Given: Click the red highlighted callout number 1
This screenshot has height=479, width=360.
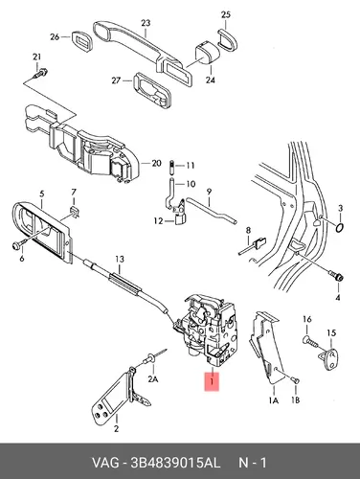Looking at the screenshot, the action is click(x=212, y=381).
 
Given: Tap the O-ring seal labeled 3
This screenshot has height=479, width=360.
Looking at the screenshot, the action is click(x=340, y=228).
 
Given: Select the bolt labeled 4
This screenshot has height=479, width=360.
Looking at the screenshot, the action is click(x=336, y=276).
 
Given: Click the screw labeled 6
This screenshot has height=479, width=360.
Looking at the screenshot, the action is click(x=17, y=245).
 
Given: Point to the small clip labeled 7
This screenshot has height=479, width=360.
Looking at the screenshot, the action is click(x=75, y=211).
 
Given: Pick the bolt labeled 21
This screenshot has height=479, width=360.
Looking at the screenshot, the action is click(x=40, y=74).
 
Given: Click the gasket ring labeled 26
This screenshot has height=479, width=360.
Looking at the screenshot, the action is click(x=81, y=40).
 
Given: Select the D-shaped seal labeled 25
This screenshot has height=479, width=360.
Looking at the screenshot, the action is click(x=228, y=39).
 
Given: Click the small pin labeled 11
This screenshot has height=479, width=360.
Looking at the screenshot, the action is click(x=171, y=167).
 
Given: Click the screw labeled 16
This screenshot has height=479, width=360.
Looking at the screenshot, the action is click(x=309, y=341).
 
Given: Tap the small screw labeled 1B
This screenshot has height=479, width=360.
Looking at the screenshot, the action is click(x=296, y=379).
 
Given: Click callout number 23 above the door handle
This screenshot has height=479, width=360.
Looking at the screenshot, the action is click(x=146, y=23).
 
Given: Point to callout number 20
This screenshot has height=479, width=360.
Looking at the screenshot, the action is click(x=156, y=163).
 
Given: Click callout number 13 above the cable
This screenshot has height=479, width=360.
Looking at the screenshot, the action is click(x=120, y=260).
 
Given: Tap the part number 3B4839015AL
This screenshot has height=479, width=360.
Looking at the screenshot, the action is click(x=175, y=463).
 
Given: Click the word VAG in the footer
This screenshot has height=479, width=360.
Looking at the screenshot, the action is click(x=105, y=463).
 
